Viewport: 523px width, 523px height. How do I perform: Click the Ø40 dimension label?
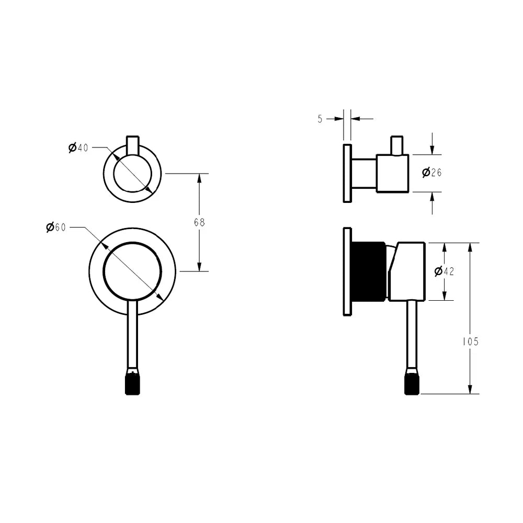point(78,147)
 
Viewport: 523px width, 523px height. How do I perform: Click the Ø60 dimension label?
point(56,228)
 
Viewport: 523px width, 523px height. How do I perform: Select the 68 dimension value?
point(199,222)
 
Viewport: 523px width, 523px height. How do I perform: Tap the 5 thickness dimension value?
point(320,119)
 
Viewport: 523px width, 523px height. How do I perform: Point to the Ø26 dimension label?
point(431,173)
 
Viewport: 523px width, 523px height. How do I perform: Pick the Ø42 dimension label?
point(444,271)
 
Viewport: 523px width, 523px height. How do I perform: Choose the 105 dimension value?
point(470,342)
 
